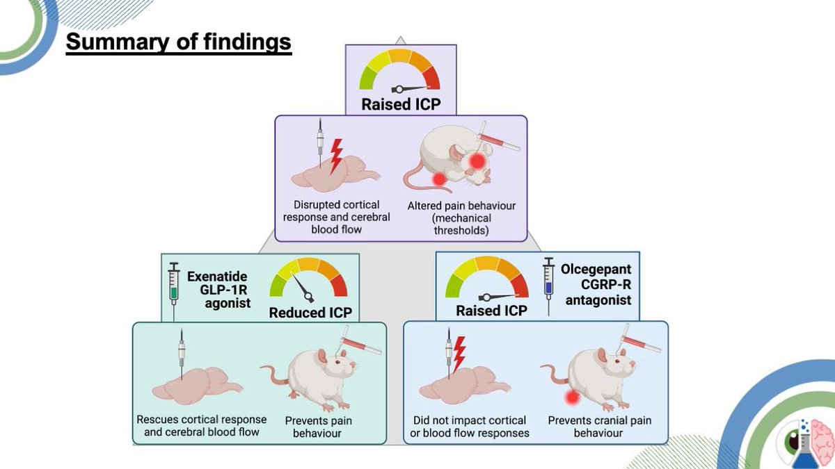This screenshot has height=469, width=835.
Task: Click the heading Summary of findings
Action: click(178, 42)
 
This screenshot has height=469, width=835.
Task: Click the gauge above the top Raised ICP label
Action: click(399, 71)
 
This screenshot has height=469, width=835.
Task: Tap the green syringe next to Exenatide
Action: click(174, 283)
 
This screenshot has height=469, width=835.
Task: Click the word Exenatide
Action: click(216, 277)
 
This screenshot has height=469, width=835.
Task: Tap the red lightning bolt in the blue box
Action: click(459, 354)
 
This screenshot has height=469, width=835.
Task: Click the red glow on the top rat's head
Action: click(477, 161)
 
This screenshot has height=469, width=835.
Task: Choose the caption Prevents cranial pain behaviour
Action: click(599, 427)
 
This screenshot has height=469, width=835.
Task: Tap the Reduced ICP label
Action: click(310, 312)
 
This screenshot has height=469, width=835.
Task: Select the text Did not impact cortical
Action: click(469, 420)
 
